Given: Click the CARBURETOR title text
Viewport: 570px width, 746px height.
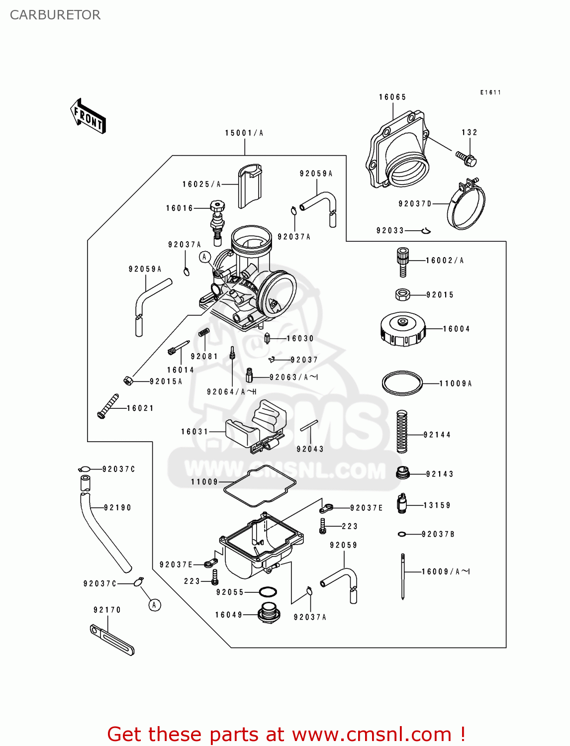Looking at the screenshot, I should coord(55,15).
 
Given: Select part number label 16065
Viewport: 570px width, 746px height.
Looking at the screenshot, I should coord(392,97).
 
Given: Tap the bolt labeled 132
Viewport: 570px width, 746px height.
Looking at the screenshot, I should coord(466,158).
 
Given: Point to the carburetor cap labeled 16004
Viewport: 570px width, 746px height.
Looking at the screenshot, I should coord(403,329).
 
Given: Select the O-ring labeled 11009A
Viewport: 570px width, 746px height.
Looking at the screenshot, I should coord(402,383).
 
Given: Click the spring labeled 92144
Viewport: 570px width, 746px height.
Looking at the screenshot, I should coord(402,432).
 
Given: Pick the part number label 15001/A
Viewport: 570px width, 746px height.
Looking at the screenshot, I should coord(244,133).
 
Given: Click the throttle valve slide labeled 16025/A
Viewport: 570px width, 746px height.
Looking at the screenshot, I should coord(250,186).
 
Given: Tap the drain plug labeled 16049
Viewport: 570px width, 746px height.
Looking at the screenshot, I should coord(268,613).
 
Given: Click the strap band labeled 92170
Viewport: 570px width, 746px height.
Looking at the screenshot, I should coord(112,640).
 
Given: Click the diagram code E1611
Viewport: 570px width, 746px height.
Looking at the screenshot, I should coord(490,93).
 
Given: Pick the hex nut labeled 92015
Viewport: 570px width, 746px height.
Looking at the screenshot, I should coord(402,294).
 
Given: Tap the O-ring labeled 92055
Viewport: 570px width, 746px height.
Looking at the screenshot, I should coord(268,592).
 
